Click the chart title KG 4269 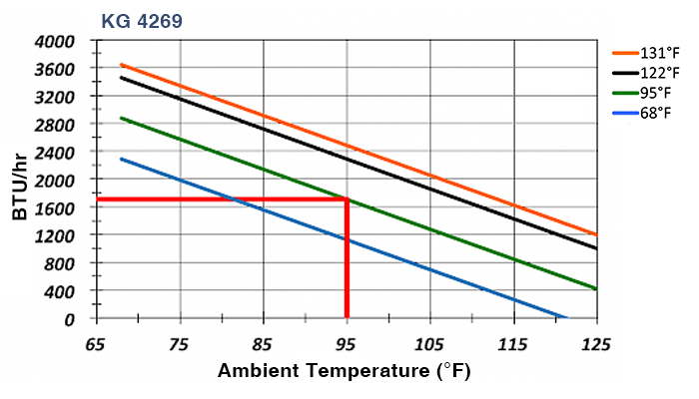(141, 20)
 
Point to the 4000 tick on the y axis (55, 41)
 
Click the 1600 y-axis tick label (55, 207)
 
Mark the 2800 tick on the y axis (55, 125)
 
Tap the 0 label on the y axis (70, 319)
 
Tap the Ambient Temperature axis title (345, 371)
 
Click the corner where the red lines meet (347, 199)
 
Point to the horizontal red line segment (220, 199)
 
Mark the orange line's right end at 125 (596, 234)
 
